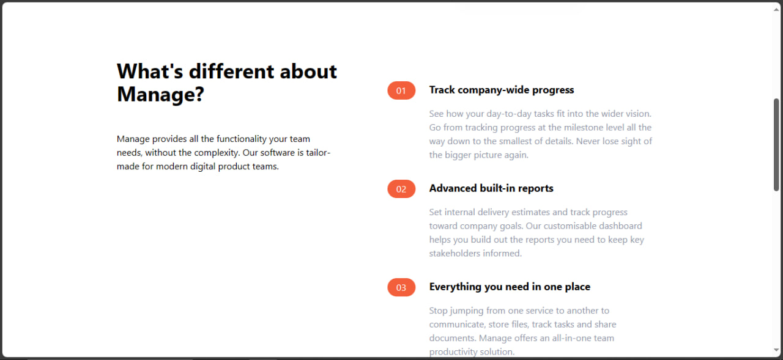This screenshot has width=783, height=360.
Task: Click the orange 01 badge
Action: [x=401, y=90]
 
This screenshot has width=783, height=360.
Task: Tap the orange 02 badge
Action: [x=401, y=189]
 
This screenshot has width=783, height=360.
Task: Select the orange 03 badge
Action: [x=401, y=287]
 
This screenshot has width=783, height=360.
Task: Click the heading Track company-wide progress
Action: [x=501, y=90]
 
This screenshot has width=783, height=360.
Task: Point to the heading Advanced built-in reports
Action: [x=491, y=188]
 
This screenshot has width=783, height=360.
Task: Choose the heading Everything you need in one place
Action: [x=509, y=287]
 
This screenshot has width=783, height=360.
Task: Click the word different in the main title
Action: [x=232, y=72]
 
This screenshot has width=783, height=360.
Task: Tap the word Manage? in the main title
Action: [x=160, y=95]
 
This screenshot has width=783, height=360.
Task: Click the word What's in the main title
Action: [x=150, y=72]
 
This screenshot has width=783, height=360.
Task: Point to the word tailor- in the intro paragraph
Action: [x=317, y=153]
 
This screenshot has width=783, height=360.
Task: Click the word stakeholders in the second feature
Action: [x=456, y=254]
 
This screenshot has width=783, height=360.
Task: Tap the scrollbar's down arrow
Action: [x=776, y=350]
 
